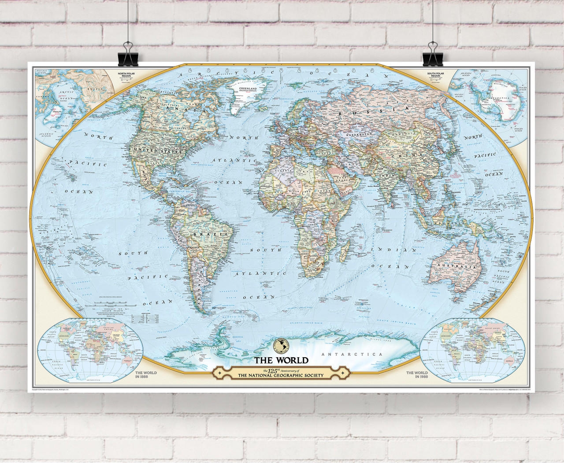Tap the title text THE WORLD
coord(281,360)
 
